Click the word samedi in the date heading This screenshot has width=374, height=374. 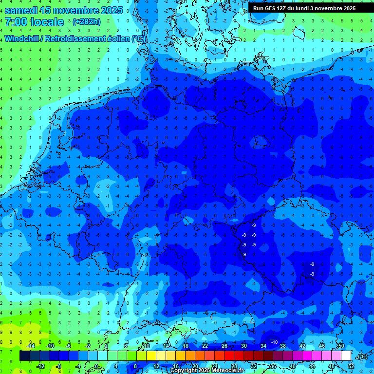(25, 10)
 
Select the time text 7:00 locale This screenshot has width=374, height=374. (34, 22)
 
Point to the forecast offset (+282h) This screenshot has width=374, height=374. (86, 22)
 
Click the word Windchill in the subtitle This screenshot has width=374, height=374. (23, 38)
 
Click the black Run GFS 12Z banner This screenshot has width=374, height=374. (304, 8)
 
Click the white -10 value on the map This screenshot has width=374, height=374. (274, 342)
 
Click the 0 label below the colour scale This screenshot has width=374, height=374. (97, 366)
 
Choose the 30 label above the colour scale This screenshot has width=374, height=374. (243, 346)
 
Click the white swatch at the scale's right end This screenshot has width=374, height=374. (346, 356)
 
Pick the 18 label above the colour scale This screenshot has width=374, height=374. (185, 346)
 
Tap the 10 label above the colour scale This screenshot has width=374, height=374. (146, 346)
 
